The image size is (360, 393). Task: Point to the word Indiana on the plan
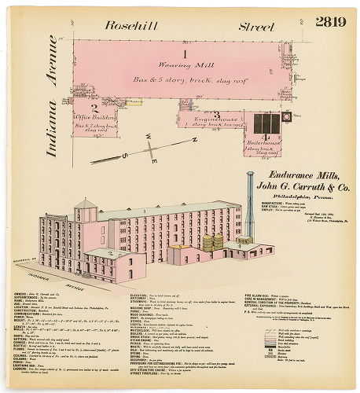click(52, 146)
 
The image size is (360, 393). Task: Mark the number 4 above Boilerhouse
click(266, 137)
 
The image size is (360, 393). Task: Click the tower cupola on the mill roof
click(85, 209)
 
